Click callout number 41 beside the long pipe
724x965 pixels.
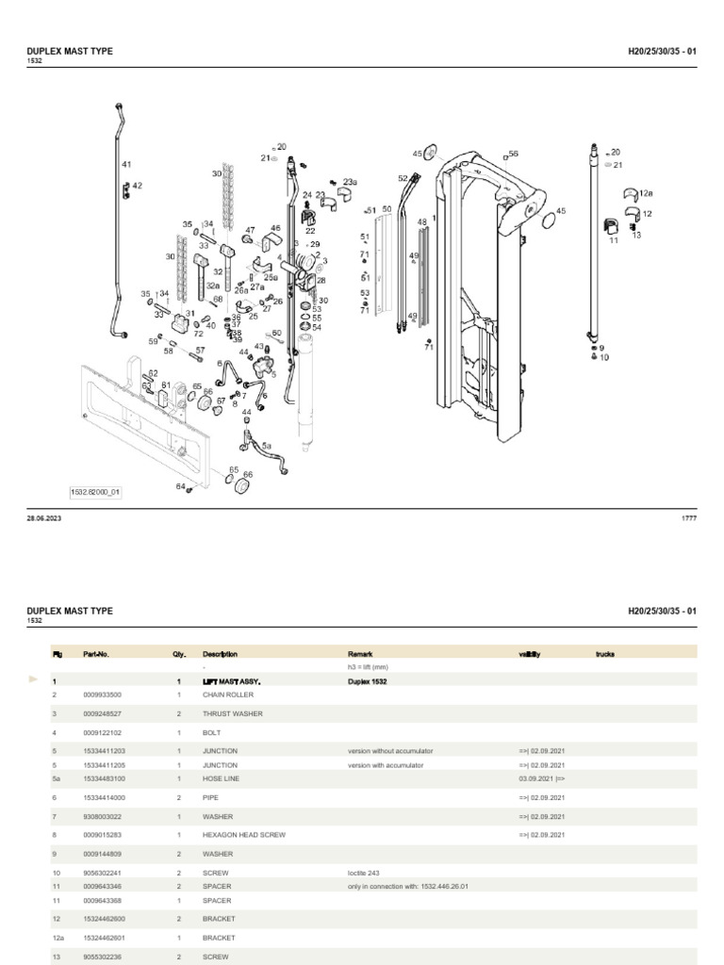point(126,165)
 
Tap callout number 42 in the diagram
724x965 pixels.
point(137,186)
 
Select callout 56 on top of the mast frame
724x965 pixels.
point(513,154)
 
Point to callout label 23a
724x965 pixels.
point(350,182)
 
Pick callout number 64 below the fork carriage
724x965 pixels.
point(180,486)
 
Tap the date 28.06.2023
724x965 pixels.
point(44,518)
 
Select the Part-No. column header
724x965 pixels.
point(96,653)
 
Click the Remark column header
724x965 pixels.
point(361,653)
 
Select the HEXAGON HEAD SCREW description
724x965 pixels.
point(243,835)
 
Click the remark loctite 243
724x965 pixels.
point(363,873)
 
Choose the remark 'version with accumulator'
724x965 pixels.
point(390,765)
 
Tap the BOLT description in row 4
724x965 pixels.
point(212,732)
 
